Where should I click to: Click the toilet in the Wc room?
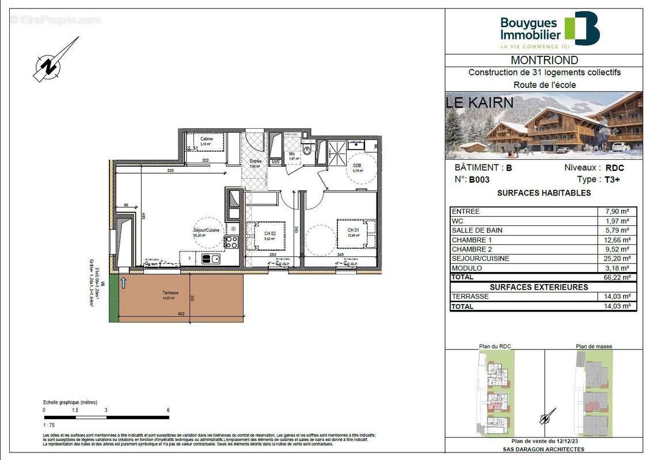(307, 151)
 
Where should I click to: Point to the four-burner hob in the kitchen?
(231, 242)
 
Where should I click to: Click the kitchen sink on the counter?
(211, 259)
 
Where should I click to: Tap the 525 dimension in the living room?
(170, 171)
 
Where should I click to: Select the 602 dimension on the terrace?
(180, 313)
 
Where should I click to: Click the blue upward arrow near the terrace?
(122, 281)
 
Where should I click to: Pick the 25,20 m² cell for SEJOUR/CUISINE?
(617, 258)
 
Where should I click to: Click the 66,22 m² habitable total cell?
(617, 277)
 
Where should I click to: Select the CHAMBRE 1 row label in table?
(472, 240)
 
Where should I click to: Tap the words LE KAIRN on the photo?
(480, 103)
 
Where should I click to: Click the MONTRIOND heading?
(544, 60)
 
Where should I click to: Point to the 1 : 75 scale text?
(50, 424)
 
